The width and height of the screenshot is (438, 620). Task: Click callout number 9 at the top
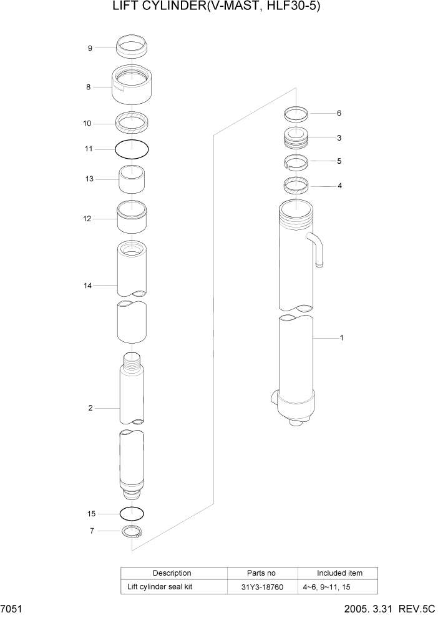click(x=90, y=48)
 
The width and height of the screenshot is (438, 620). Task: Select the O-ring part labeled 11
click(x=132, y=150)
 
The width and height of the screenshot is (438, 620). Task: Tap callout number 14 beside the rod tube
click(x=89, y=286)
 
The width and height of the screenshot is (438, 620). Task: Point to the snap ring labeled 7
click(x=132, y=532)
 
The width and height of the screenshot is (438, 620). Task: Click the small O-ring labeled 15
click(x=132, y=514)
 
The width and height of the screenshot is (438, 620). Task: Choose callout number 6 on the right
click(x=339, y=113)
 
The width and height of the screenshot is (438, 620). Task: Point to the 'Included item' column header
click(x=339, y=572)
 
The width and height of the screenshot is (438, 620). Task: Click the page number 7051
click(x=11, y=609)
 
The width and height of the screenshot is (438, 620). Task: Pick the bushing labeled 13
click(x=132, y=181)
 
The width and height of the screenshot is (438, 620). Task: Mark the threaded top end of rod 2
click(x=132, y=361)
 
